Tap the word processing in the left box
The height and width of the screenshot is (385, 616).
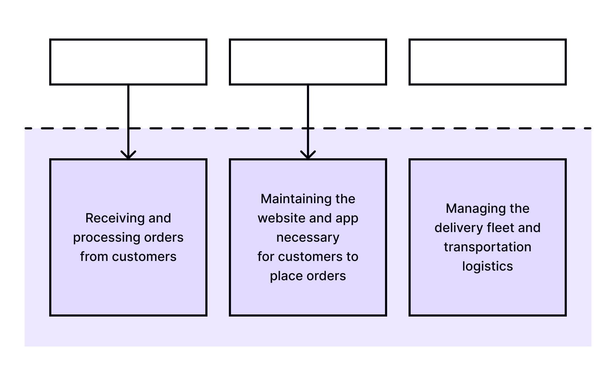102,238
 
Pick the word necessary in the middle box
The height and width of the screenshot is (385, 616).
308,237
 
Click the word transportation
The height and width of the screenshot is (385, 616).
487,247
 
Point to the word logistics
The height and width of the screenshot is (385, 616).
487,266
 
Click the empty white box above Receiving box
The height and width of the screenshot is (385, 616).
128,62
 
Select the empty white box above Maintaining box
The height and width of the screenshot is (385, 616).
308,62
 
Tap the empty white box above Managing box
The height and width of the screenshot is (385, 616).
487,62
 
